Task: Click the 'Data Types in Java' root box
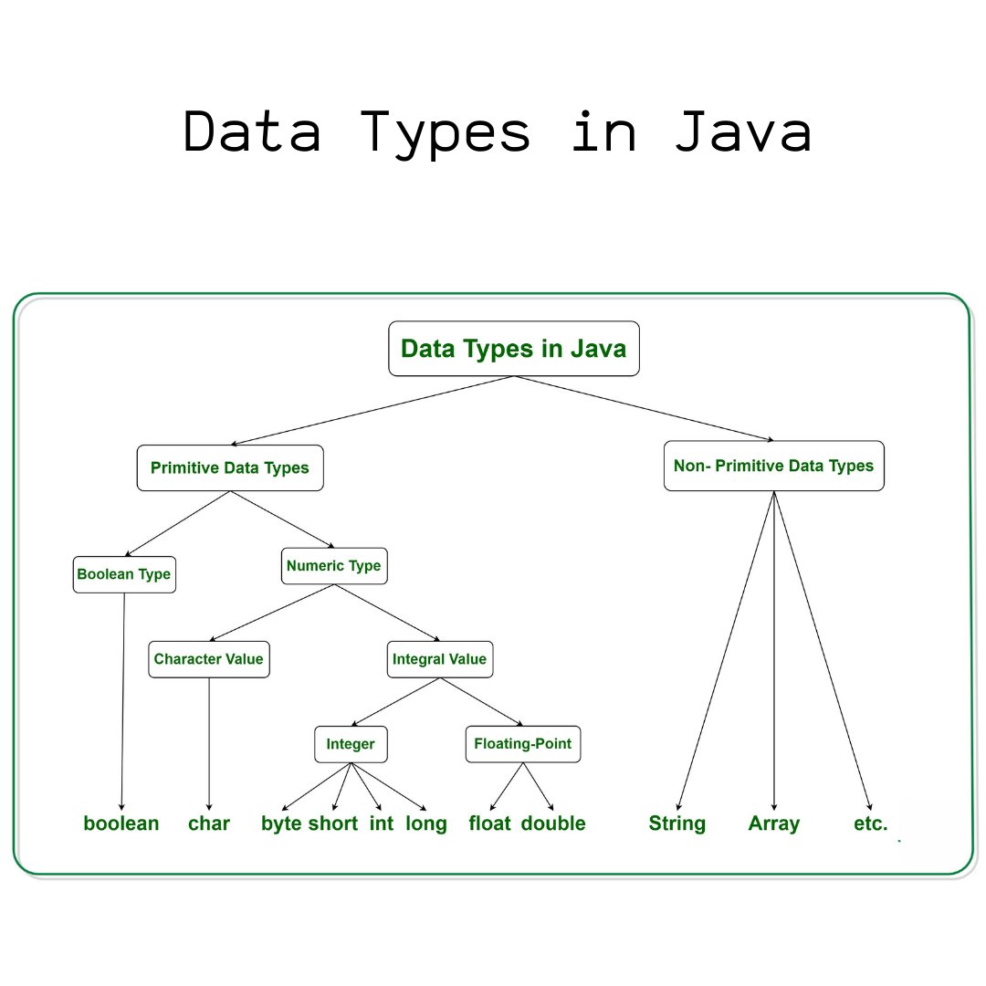click(514, 349)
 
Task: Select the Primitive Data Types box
click(230, 468)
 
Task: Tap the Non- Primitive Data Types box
click(774, 467)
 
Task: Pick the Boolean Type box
click(124, 575)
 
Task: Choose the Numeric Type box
click(334, 566)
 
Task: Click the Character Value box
click(209, 659)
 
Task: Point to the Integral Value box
click(440, 659)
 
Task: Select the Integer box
click(351, 744)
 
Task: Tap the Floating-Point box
click(523, 744)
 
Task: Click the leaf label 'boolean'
click(121, 823)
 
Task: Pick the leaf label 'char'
click(209, 823)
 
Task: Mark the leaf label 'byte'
click(281, 823)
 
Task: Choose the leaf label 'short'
click(333, 823)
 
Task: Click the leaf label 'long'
click(426, 823)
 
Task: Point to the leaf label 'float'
click(490, 823)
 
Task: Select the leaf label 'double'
click(553, 823)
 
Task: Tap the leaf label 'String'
click(677, 823)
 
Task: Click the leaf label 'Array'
click(774, 823)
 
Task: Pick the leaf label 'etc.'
click(870, 823)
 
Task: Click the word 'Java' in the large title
click(742, 133)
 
